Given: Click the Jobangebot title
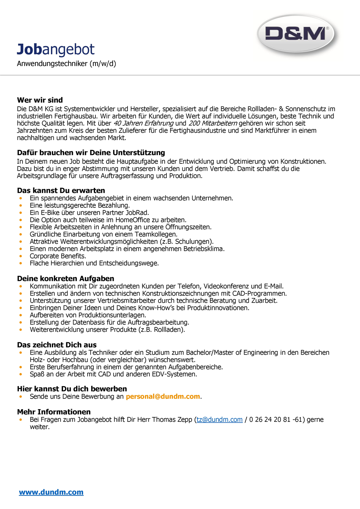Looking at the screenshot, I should [56, 49].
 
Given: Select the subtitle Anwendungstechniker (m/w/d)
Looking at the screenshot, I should [66, 64].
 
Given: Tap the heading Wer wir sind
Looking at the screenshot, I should [40, 100].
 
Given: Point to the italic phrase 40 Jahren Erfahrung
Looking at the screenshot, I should [143, 123].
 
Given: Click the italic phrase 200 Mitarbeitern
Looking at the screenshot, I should [213, 123].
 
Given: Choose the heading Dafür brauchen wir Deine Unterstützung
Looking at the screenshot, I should [91, 153].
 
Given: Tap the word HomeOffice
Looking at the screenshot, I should [133, 220].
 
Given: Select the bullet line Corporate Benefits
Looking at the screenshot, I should [58, 256].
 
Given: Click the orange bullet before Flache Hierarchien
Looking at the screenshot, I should [21, 263].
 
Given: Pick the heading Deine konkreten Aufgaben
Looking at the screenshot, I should [65, 278].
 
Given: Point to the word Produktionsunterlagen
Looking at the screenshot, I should [112, 315].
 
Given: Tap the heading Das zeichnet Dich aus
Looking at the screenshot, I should [57, 345].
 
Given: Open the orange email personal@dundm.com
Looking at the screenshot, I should [163, 396].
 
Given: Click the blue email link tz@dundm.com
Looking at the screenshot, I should [220, 419].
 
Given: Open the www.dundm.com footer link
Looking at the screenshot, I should [51, 492].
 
